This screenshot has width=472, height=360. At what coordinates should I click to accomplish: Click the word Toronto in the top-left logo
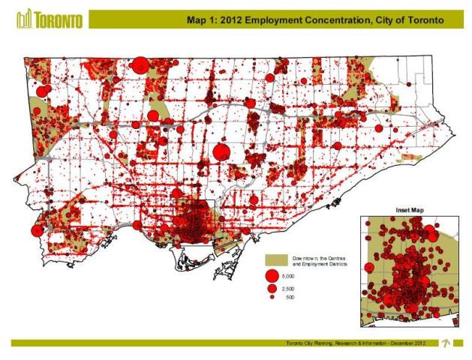(x=59, y=19)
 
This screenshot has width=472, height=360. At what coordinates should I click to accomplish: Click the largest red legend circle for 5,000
(x=272, y=277)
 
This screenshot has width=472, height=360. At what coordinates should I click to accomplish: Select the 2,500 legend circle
(x=272, y=289)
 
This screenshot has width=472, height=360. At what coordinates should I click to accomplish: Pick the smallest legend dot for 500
(x=272, y=298)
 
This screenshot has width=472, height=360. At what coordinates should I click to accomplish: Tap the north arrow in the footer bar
(x=445, y=343)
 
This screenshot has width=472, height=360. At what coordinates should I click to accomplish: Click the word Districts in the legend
(x=335, y=265)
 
